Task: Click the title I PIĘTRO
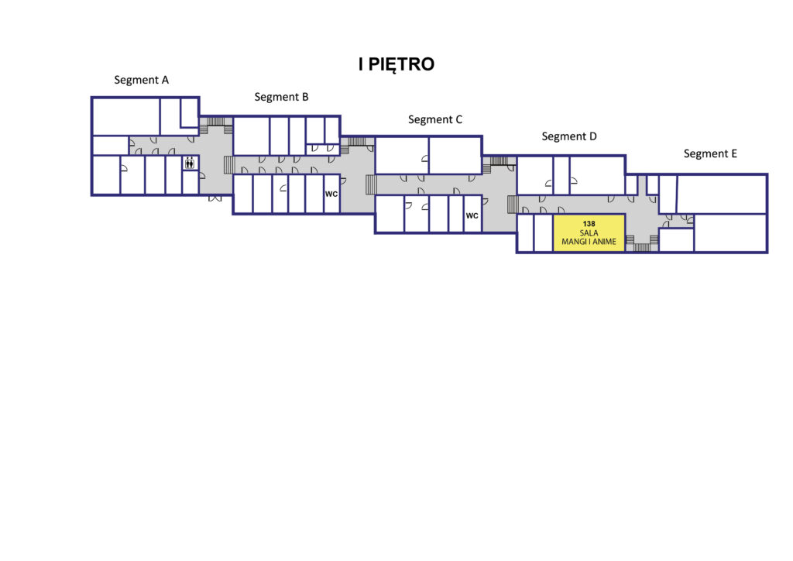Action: pyautogui.click(x=396, y=65)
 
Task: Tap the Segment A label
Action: pyautogui.click(x=141, y=80)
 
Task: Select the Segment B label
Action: pyautogui.click(x=281, y=97)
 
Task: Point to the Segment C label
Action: pyautogui.click(x=435, y=119)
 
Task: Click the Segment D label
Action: pyautogui.click(x=569, y=136)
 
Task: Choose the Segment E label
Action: pyautogui.click(x=710, y=153)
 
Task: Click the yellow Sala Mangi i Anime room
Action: pyautogui.click(x=589, y=232)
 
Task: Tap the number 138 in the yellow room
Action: pyautogui.click(x=589, y=224)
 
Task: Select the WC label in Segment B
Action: pyautogui.click(x=331, y=194)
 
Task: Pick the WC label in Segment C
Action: pyautogui.click(x=472, y=215)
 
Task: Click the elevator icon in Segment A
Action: pyautogui.click(x=190, y=163)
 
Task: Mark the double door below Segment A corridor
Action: pyautogui.click(x=215, y=198)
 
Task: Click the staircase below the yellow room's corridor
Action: pyautogui.click(x=642, y=247)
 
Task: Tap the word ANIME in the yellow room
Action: pyautogui.click(x=604, y=242)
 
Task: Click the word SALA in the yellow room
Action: pyautogui.click(x=589, y=232)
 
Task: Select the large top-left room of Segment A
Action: pyautogui.click(x=126, y=116)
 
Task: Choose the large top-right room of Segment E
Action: pyautogui.click(x=722, y=194)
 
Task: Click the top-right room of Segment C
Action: pyautogui.click(x=455, y=155)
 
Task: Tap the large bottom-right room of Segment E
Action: pyautogui.click(x=731, y=232)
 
